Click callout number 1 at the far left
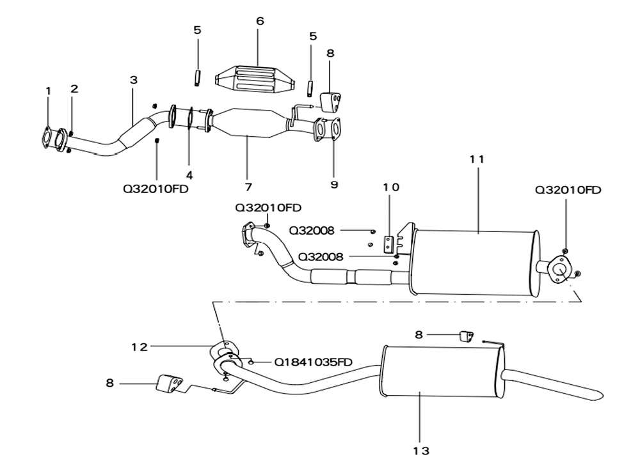tap(49, 91)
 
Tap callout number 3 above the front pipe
tap(134, 80)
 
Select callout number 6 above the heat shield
tap(260, 21)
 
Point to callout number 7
tap(248, 187)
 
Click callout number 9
tap(334, 185)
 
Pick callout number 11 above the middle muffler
tap(477, 159)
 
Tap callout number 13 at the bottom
tap(421, 451)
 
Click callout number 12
tap(139, 347)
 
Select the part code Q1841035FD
tap(313, 362)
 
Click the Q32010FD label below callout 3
tap(156, 189)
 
